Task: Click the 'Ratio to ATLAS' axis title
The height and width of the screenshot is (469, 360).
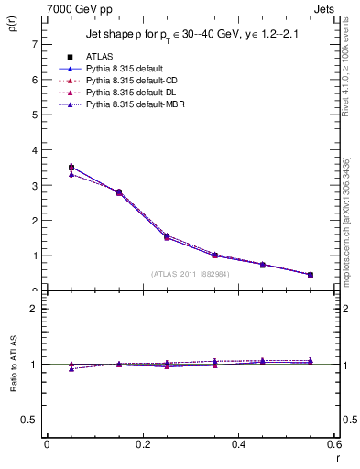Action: point(12,365)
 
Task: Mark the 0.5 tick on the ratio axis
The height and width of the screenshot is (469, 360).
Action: point(29,420)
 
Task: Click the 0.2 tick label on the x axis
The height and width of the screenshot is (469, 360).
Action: point(143,444)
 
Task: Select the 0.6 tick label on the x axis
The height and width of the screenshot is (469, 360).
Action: point(334,444)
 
